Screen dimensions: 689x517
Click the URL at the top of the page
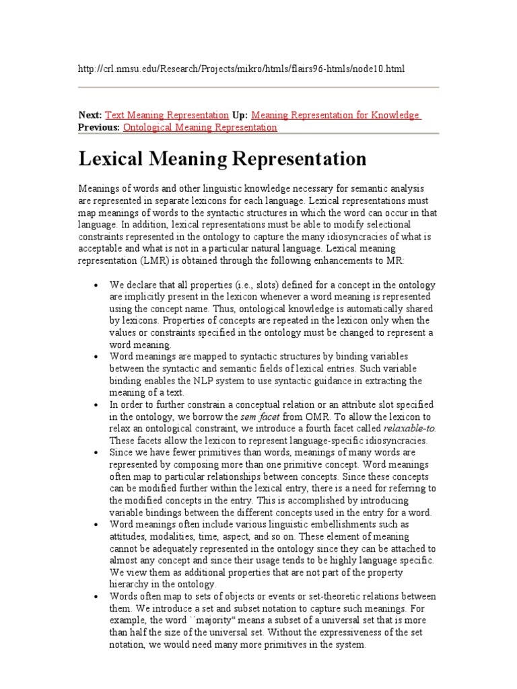(242, 70)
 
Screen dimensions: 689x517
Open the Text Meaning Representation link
(167, 115)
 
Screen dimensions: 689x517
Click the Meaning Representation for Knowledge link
(335, 115)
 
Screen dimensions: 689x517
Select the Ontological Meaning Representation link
(200, 127)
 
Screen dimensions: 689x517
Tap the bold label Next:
(90, 115)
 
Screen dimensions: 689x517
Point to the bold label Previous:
(99, 127)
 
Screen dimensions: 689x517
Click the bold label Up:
(240, 115)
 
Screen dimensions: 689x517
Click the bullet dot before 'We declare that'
(99, 284)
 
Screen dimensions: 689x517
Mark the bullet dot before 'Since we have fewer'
(99, 453)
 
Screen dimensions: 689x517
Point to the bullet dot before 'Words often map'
(99, 596)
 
